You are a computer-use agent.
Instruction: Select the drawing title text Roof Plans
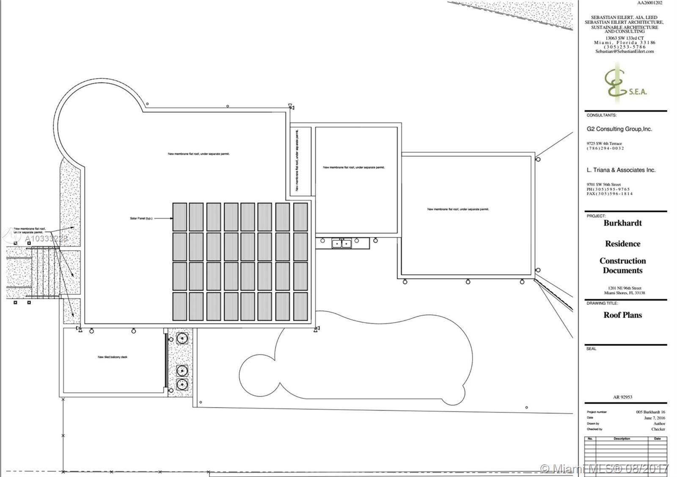click(x=622, y=315)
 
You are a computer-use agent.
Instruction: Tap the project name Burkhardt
click(x=622, y=223)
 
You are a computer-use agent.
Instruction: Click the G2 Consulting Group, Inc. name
click(x=619, y=129)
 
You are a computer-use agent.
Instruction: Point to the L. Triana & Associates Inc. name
click(x=621, y=170)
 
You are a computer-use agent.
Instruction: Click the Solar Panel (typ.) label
click(x=141, y=219)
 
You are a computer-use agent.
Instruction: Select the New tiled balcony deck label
click(x=113, y=357)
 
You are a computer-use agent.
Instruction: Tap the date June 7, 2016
click(x=655, y=418)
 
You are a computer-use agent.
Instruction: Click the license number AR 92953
click(x=622, y=397)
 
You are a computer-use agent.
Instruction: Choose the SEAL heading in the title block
click(x=591, y=349)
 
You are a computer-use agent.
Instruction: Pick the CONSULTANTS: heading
click(x=601, y=115)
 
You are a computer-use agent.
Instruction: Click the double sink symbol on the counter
click(x=342, y=244)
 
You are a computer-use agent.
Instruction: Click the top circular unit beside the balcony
click(x=182, y=338)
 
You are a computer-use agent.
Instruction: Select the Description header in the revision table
click(x=622, y=439)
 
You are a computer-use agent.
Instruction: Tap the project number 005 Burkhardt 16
click(x=650, y=412)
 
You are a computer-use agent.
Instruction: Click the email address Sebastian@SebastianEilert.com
click(x=624, y=52)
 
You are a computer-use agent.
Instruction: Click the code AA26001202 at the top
click(x=649, y=3)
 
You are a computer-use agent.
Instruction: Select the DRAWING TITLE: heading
click(x=602, y=303)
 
